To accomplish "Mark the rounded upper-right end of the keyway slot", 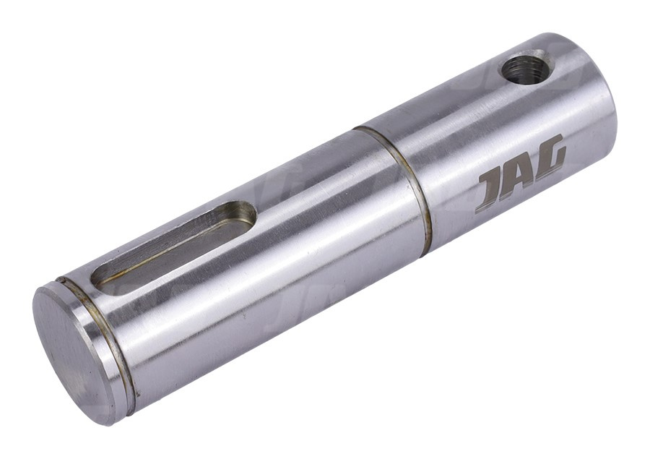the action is pyautogui.click(x=246, y=214).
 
